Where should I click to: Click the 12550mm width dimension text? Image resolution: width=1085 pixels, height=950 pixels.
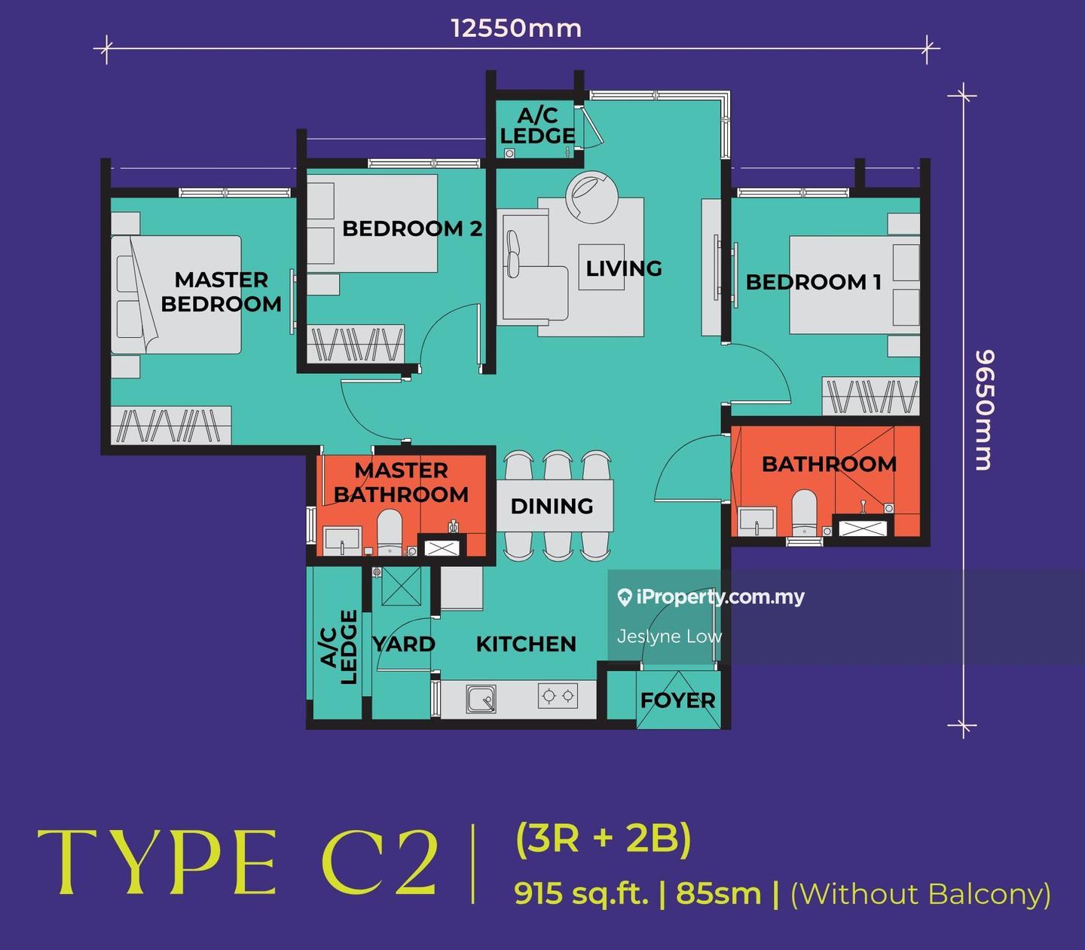516,28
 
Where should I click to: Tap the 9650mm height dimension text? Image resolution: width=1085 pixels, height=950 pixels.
985,409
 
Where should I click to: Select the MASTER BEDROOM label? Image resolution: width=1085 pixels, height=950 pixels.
222,292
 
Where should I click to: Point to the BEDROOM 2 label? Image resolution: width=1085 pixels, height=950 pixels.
412,228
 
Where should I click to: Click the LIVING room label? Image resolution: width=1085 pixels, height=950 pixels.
624,268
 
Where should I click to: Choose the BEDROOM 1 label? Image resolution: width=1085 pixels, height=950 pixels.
814,282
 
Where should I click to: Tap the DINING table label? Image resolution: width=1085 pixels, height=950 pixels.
552,507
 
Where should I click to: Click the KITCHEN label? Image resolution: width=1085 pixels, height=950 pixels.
526,644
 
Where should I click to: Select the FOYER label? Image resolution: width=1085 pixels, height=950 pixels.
677,700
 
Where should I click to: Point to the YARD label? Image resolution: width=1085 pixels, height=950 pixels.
404,644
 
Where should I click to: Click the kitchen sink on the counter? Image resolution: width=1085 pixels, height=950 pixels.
481,698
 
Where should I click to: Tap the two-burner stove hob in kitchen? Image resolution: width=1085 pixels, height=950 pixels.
558,695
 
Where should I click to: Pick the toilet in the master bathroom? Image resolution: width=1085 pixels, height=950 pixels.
390,533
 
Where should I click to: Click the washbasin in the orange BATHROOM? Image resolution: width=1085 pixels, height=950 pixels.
757,522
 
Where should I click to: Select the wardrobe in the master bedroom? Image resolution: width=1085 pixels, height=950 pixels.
171,426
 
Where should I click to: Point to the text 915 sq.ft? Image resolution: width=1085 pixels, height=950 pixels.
581,894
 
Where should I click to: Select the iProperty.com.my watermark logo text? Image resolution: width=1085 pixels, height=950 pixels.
711,598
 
